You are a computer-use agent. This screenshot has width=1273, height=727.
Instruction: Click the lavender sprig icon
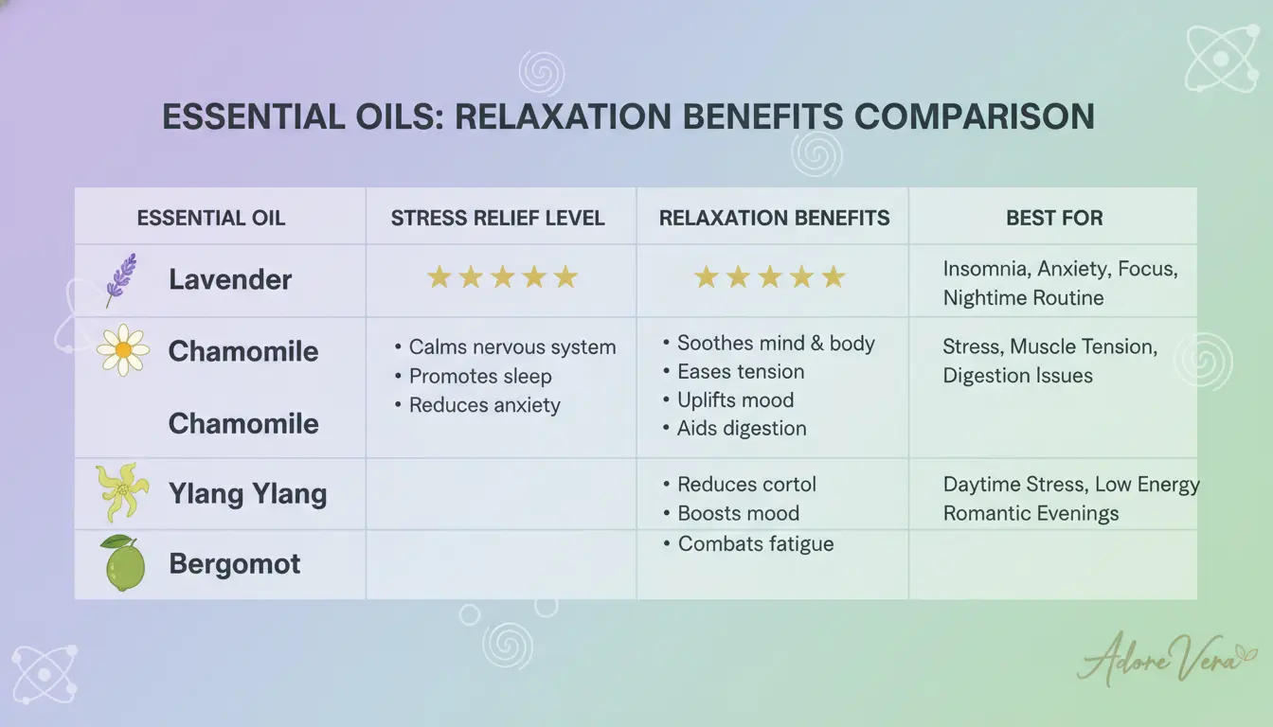[121, 280]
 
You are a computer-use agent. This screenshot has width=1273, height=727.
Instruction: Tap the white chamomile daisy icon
[123, 350]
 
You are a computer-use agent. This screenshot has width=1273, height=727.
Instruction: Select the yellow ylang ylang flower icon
[122, 492]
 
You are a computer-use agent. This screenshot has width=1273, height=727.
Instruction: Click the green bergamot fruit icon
[124, 563]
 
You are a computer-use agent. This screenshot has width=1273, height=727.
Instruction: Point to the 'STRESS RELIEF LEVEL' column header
[498, 218]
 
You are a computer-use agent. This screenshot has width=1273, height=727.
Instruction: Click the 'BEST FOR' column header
[1054, 218]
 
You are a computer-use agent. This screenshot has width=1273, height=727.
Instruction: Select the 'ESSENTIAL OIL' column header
[211, 218]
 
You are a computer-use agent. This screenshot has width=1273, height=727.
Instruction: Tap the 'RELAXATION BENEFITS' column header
[774, 218]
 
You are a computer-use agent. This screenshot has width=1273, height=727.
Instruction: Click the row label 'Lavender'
[230, 279]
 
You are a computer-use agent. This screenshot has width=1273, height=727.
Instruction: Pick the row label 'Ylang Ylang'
[248, 493]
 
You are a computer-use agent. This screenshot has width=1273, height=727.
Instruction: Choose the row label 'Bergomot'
[235, 564]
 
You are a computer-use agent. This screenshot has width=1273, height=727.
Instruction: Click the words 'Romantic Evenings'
[1031, 513]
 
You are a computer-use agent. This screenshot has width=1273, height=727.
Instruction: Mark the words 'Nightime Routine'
[1024, 298]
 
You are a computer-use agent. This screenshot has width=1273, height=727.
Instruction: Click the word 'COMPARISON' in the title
[975, 116]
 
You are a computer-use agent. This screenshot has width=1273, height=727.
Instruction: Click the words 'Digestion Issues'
[1018, 376]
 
